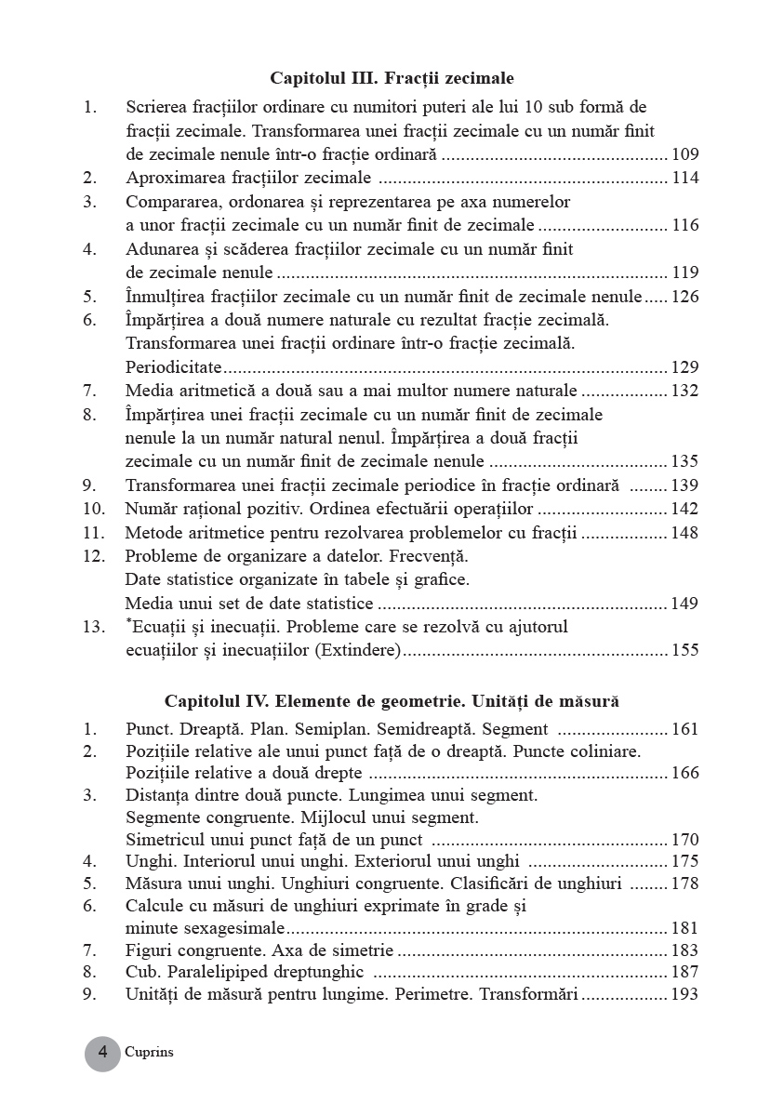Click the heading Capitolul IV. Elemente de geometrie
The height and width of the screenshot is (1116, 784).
point(392,700)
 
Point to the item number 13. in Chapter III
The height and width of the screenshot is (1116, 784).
point(93,627)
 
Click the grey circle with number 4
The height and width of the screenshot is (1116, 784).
point(103,1053)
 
